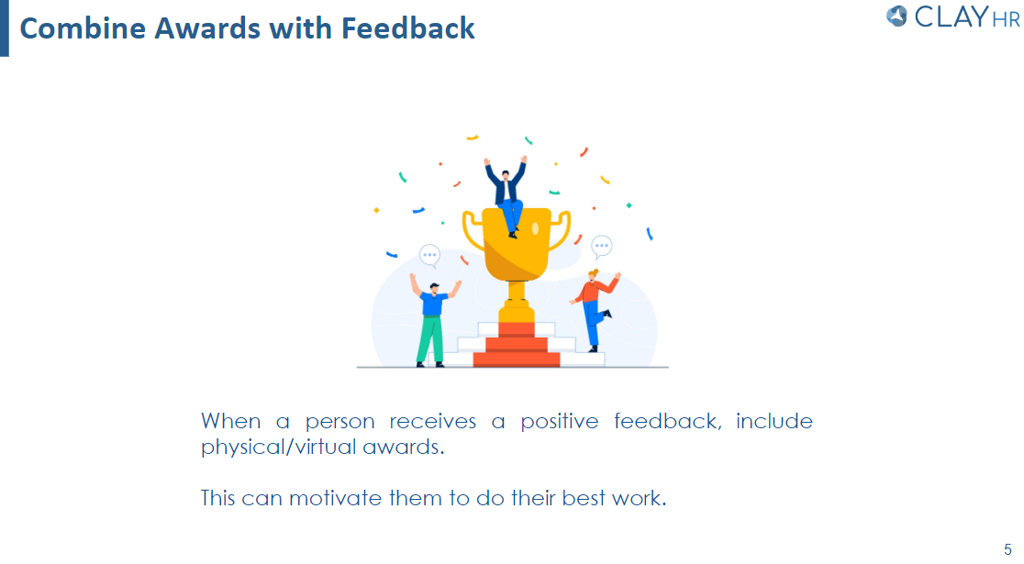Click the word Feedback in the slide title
point(408,28)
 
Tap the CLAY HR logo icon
point(897,16)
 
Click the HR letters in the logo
point(1006,18)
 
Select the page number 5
point(1007,548)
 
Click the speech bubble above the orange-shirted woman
point(602,246)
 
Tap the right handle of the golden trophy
point(560,229)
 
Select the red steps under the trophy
point(517,347)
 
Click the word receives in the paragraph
point(433,422)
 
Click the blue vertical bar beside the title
point(5,28)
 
